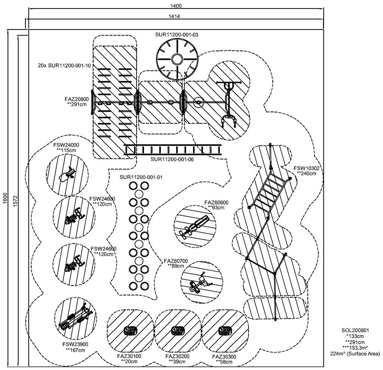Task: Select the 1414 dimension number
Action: pyautogui.click(x=174, y=16)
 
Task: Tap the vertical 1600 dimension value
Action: pyautogui.click(x=6, y=198)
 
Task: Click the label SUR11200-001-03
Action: pyautogui.click(x=177, y=34)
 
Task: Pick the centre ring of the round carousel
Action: pyautogui.click(x=177, y=59)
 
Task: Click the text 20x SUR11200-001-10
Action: pyautogui.click(x=64, y=66)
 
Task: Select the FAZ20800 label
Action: pyautogui.click(x=77, y=99)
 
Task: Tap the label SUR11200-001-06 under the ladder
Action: pyautogui.click(x=172, y=159)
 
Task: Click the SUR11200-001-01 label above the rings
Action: pyautogui.click(x=141, y=177)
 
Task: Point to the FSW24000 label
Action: pyautogui.click(x=66, y=145)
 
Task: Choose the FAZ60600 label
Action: pyautogui.click(x=217, y=203)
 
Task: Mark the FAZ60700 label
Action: pyautogui.click(x=176, y=261)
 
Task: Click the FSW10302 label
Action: pyautogui.click(x=306, y=168)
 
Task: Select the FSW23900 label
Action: pyautogui.click(x=75, y=344)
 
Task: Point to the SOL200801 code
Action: pyautogui.click(x=355, y=330)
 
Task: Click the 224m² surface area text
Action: pyautogui.click(x=355, y=354)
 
